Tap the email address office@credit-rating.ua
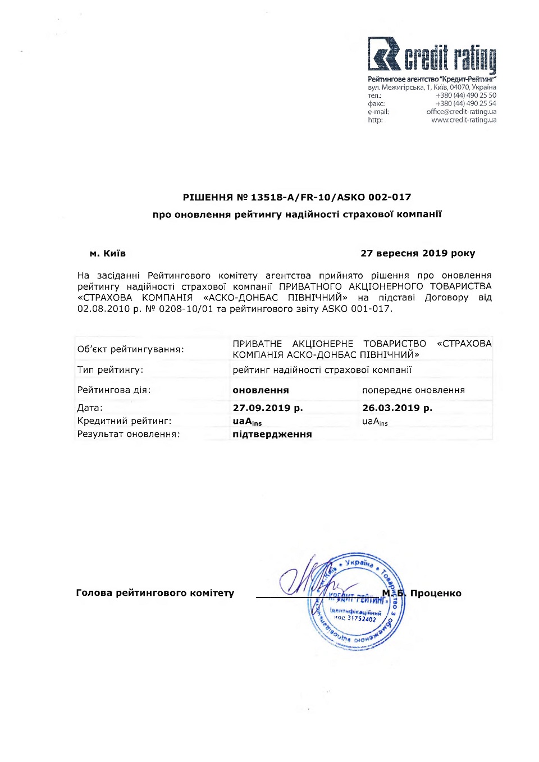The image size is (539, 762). [461, 112]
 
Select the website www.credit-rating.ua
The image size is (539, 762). [463, 120]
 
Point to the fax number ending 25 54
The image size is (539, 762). [465, 103]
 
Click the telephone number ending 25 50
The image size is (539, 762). [465, 95]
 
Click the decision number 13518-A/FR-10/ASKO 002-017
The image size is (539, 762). [331, 197]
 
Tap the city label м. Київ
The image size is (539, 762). [108, 253]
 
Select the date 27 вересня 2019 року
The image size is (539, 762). [418, 253]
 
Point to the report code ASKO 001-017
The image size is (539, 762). [356, 309]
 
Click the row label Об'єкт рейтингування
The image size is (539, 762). [130, 349]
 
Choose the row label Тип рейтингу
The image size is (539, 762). [110, 370]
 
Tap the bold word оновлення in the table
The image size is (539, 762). [261, 390]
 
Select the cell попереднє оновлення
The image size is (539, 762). [413, 390]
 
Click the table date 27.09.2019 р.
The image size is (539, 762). [268, 408]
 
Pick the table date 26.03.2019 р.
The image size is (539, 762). [397, 408]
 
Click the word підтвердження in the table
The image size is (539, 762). [272, 435]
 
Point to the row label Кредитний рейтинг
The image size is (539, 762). [124, 421]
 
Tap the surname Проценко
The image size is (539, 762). [436, 594]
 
